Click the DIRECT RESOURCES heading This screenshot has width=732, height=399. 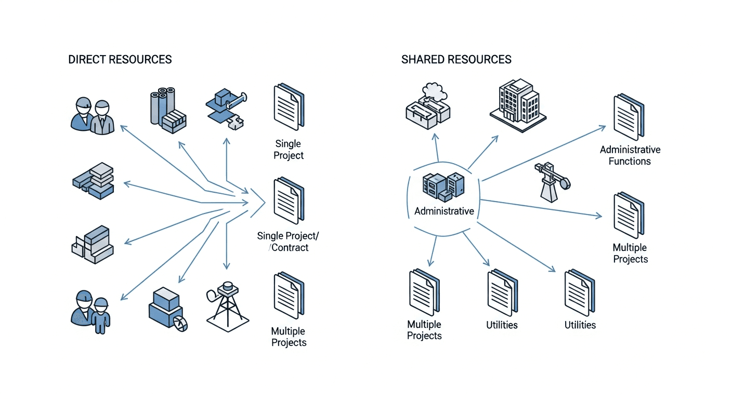(x=120, y=59)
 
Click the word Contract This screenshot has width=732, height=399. (x=291, y=248)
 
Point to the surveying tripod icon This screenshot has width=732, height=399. (x=227, y=307)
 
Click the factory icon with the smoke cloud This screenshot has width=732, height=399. (x=427, y=106)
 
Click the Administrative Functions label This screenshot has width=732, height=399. (x=630, y=155)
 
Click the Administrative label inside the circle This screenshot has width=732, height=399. (x=444, y=211)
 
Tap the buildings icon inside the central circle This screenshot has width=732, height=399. (x=443, y=187)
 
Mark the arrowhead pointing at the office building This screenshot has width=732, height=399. (x=496, y=138)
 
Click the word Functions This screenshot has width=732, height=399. (x=630, y=161)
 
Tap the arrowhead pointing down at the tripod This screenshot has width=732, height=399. (x=226, y=266)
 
